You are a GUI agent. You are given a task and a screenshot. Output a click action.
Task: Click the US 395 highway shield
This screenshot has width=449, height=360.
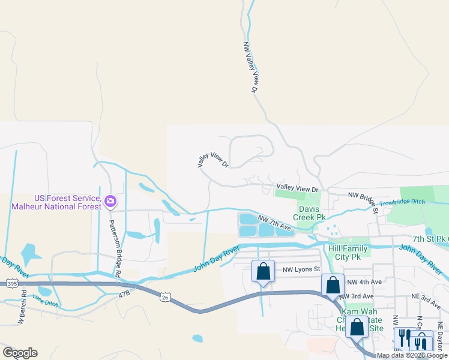(11, 282)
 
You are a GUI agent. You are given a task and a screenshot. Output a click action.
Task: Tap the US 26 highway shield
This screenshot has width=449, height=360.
(166, 297)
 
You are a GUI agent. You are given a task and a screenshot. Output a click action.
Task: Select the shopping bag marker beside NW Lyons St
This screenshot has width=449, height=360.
(263, 271)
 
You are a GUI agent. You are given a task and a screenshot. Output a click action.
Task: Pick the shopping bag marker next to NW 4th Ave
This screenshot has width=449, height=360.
(333, 286)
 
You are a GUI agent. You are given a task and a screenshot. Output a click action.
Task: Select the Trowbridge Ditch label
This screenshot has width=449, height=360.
(402, 202)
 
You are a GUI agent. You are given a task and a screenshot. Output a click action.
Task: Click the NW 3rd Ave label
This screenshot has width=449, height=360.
(356, 296)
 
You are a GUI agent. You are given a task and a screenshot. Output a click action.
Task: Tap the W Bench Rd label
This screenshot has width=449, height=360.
(22, 308)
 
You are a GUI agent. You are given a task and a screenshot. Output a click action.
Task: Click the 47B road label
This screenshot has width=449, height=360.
(124, 294)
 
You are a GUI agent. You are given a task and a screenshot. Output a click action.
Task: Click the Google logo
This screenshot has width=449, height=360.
(20, 353)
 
